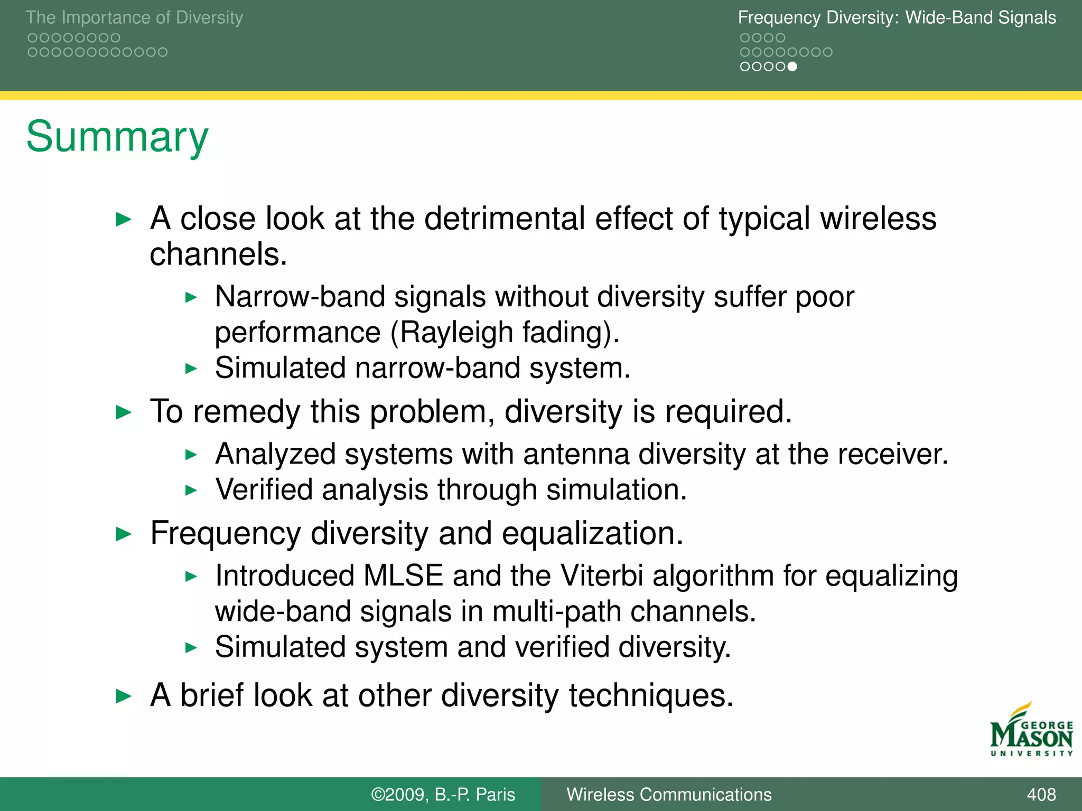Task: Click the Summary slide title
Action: [x=117, y=137]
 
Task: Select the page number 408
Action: [x=1041, y=794]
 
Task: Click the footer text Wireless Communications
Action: [x=669, y=794]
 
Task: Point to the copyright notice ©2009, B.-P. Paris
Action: [x=443, y=794]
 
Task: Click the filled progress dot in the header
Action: [x=792, y=67]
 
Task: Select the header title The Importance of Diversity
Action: [x=134, y=17]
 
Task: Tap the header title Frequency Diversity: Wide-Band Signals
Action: [x=897, y=17]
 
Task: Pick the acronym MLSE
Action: [x=403, y=576]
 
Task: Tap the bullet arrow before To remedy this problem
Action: [x=123, y=412]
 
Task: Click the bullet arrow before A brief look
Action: [x=123, y=696]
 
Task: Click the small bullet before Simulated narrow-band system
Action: [x=191, y=369]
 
